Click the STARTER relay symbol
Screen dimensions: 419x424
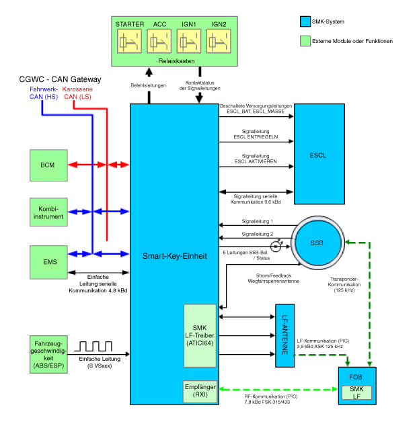129,41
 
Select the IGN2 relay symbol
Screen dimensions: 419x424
219,41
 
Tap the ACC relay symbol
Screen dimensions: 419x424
159,41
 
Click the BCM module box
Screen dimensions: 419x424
48,165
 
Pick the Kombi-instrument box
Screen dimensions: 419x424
48,212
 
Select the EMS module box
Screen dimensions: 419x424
48,262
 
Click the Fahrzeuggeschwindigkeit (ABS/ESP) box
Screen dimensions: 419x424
48,355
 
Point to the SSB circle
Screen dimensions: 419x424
317,243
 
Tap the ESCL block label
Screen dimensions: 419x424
317,155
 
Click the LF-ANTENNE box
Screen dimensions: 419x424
284,335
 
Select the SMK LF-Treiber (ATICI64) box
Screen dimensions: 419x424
200,335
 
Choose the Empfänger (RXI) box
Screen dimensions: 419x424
200,391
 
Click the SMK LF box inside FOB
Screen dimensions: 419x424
356,392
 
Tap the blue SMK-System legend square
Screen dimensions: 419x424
305,22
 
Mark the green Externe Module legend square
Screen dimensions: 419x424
305,41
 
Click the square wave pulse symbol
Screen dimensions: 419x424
93,346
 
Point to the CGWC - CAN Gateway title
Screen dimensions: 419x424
60,79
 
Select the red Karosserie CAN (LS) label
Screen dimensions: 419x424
78,93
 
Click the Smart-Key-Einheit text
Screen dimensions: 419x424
175,256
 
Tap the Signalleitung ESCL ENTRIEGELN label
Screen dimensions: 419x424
256,134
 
